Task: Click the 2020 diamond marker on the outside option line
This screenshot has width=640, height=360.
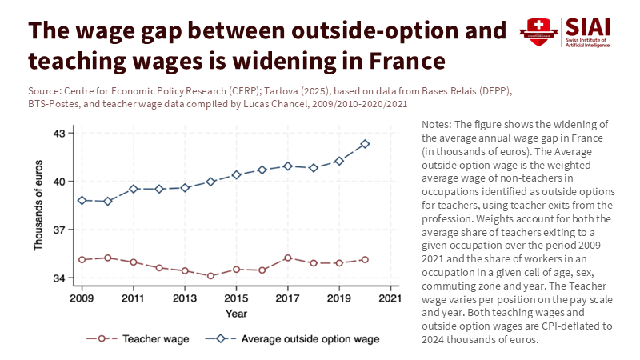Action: point(365,144)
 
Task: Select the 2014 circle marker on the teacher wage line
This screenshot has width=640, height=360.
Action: point(210,276)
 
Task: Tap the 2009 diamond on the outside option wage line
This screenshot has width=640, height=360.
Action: point(82,200)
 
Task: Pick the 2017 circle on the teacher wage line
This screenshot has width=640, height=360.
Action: point(288,258)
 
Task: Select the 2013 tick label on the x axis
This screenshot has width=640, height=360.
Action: point(185,298)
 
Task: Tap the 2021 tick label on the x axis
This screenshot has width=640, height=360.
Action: point(390,298)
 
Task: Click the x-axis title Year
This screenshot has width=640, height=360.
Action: point(236,313)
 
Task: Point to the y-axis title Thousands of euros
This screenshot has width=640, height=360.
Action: point(38,206)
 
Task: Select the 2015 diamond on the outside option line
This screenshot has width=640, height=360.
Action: point(236,174)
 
